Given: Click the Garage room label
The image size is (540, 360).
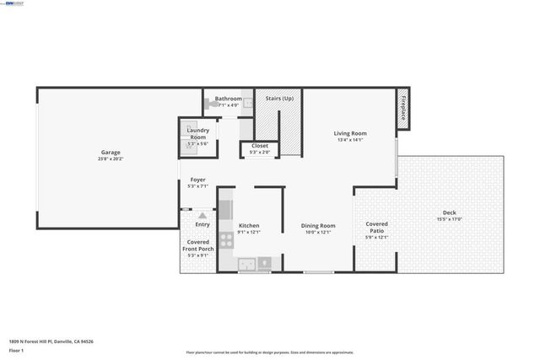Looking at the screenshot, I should (111, 153).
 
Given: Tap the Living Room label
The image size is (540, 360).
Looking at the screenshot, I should (349, 133).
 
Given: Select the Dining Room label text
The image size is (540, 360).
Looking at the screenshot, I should (319, 225).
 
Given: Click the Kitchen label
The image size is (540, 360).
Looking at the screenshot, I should (249, 225).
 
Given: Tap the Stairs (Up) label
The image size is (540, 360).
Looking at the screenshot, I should (279, 99).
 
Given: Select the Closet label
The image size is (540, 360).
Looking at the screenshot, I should (260, 146).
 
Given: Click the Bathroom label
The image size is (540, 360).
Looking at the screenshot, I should (228, 99).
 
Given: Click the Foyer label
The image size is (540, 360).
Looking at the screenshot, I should (197, 180).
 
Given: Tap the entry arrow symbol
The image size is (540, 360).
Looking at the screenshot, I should (202, 216).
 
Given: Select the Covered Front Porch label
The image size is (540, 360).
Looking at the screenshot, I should (200, 245).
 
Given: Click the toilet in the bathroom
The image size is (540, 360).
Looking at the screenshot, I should (208, 106).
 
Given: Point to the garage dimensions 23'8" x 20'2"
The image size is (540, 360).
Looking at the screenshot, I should (111, 159).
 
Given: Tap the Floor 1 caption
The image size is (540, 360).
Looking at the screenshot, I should (15, 349).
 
